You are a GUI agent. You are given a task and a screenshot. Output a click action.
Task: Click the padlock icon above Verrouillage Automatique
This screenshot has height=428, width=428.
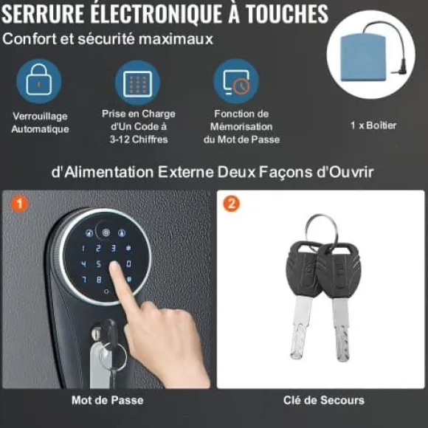pyautogui.click(x=39, y=80)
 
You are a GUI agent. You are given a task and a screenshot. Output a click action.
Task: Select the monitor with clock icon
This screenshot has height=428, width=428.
pyautogui.click(x=236, y=82)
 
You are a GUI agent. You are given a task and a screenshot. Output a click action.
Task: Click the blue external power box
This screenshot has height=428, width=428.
pyautogui.click(x=364, y=57)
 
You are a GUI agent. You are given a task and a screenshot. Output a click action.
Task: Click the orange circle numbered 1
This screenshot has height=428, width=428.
pyautogui.click(x=19, y=204)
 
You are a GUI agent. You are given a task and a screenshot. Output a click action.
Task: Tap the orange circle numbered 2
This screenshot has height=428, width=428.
pyautogui.click(x=231, y=204)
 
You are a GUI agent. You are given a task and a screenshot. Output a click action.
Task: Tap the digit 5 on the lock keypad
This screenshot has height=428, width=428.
pyautogui.click(x=99, y=264)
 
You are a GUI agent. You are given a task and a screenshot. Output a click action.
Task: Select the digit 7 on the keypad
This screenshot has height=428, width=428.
pyautogui.click(x=84, y=279)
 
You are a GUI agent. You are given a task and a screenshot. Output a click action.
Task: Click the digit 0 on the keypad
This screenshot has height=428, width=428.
pyautogui.click(x=128, y=263)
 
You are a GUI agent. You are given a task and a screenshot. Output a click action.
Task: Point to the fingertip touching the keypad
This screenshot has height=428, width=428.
pyautogui.click(x=115, y=266)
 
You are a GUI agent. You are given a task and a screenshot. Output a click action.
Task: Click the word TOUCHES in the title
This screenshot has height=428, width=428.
pyautogui.click(x=286, y=14)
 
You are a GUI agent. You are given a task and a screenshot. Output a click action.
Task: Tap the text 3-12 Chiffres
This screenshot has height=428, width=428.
pyautogui.click(x=139, y=139)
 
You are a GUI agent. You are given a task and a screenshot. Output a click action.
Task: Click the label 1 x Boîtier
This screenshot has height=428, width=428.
pyautogui.click(x=373, y=125)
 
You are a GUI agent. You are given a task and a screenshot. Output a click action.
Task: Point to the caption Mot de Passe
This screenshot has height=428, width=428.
pyautogui.click(x=108, y=400)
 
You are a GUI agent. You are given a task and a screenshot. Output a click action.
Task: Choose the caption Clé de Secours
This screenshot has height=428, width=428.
pyautogui.click(x=324, y=400)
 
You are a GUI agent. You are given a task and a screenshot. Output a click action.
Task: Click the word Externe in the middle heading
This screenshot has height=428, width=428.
pyautogui.click(x=186, y=172)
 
